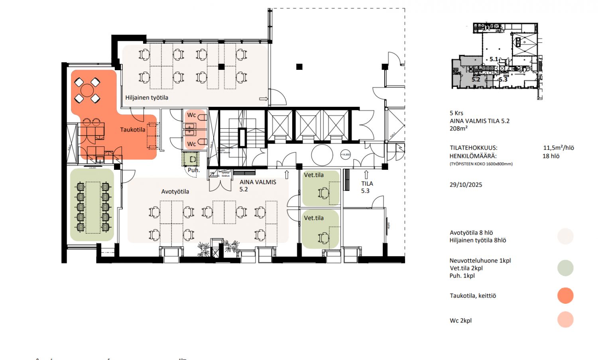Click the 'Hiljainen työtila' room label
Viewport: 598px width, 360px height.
147,98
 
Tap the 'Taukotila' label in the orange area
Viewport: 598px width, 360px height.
133,130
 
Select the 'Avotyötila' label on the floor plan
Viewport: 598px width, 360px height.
175,192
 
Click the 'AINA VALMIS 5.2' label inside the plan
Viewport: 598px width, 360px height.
258,185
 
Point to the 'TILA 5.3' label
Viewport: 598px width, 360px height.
367,187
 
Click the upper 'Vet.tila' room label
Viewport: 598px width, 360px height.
314,175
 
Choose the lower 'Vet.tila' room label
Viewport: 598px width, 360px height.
314,218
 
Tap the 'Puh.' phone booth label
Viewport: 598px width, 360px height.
193,170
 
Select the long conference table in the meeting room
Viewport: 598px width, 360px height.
93,207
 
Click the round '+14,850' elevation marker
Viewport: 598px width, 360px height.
345,155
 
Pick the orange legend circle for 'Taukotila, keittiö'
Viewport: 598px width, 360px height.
565,296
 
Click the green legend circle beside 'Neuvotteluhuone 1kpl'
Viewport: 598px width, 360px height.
565,268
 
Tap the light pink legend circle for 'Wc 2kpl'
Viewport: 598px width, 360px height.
565,320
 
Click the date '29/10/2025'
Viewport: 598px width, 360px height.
466,185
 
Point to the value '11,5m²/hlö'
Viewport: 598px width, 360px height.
559,148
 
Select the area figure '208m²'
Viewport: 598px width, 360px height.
458,128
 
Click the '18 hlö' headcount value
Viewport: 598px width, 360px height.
551,156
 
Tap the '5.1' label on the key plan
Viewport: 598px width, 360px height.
494,59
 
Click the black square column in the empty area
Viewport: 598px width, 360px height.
299,67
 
